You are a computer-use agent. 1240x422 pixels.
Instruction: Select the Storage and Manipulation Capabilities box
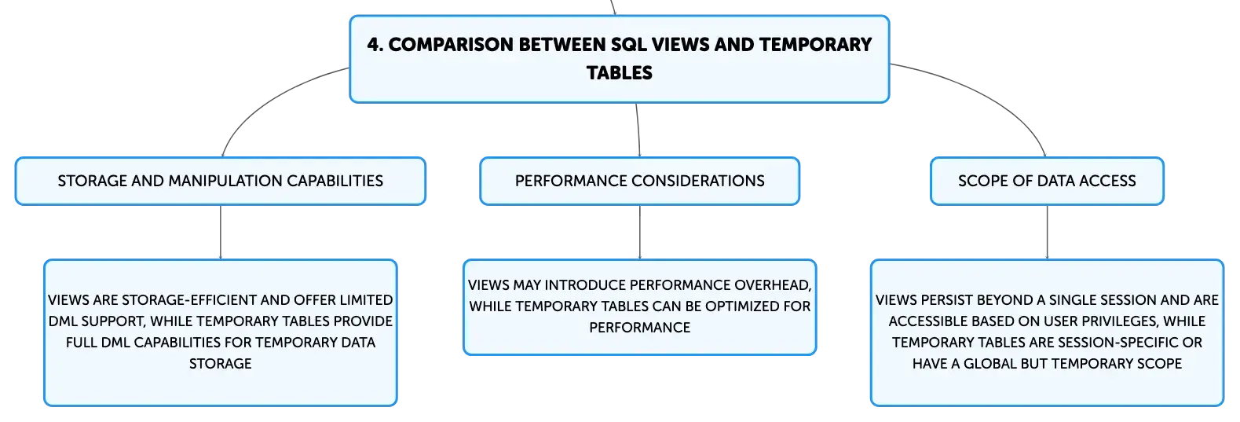(x=221, y=181)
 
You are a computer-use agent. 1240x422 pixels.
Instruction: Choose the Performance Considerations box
(x=640, y=181)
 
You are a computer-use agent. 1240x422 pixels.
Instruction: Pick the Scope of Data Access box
(x=1047, y=181)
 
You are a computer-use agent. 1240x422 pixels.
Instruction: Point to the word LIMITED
(x=366, y=300)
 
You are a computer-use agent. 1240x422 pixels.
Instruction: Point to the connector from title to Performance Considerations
(x=638, y=130)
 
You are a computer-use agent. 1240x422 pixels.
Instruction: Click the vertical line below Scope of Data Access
(x=1047, y=232)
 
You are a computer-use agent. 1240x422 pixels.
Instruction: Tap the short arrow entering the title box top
(x=613, y=7)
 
